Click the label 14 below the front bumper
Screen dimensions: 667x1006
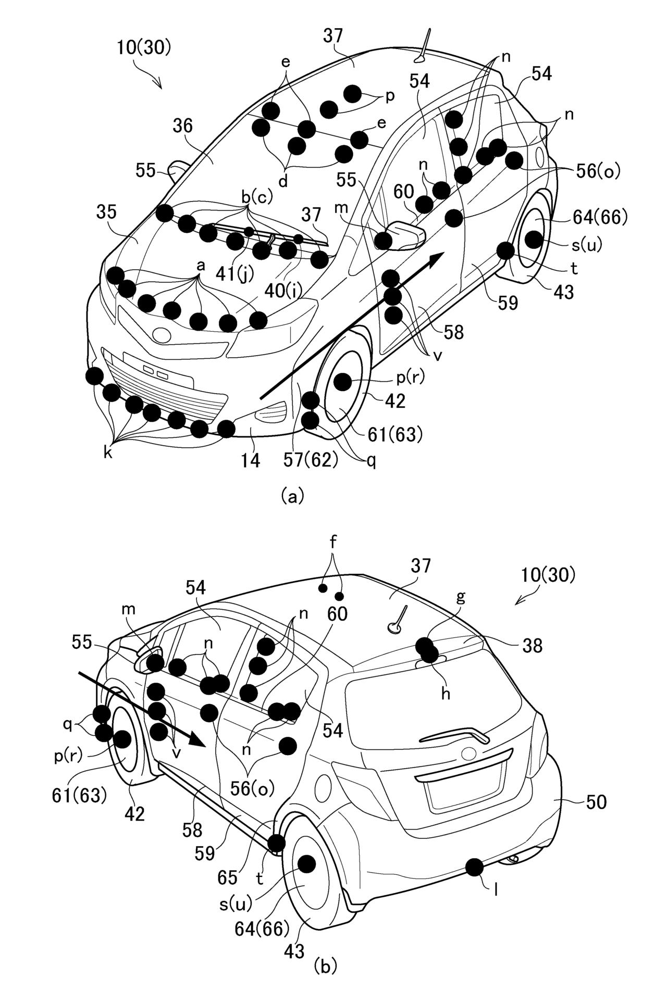[251, 461]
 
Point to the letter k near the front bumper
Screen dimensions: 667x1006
[108, 453]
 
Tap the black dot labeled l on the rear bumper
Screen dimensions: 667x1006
[474, 867]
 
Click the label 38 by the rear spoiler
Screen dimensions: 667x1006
[532, 646]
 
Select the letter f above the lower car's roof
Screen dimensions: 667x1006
[333, 542]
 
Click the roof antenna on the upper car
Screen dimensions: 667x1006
[424, 46]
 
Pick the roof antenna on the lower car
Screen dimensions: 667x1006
[398, 620]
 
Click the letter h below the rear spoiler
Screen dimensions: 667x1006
[446, 694]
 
